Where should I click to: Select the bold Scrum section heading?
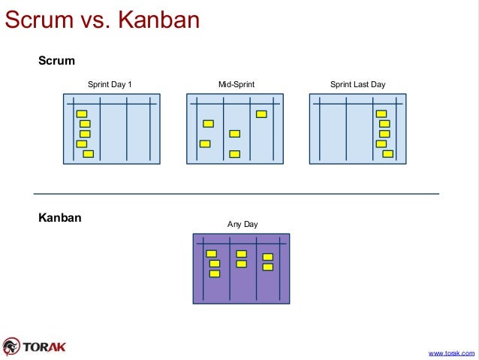[x=56, y=60]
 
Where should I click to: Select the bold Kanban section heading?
[x=60, y=218]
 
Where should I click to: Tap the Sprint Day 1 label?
[x=110, y=84]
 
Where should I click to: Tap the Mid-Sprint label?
[x=236, y=84]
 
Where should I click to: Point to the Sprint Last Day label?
[x=357, y=84]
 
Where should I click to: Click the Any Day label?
[x=243, y=224]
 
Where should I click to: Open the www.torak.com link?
[x=451, y=352]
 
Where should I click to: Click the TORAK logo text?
[x=44, y=346]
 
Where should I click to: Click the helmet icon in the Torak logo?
[x=11, y=346]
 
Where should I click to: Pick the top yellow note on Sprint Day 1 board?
[x=82, y=114]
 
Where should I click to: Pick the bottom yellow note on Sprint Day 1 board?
[x=88, y=154]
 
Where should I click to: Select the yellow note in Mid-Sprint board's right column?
[x=261, y=114]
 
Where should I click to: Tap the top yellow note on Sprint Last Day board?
[x=381, y=114]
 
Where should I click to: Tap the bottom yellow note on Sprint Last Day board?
[x=387, y=154]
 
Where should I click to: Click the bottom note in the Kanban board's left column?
[x=214, y=274]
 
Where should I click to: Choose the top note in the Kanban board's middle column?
[x=241, y=254]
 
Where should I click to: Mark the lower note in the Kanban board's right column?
[x=267, y=267]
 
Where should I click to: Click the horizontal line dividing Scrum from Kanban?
[x=236, y=194]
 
